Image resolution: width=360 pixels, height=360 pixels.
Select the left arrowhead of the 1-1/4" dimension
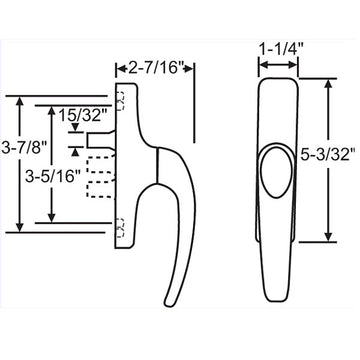263,67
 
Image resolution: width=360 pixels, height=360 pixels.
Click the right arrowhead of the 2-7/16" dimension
191,67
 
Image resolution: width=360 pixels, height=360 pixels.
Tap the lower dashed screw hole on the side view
121,224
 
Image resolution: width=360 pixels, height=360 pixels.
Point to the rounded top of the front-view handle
280,83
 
